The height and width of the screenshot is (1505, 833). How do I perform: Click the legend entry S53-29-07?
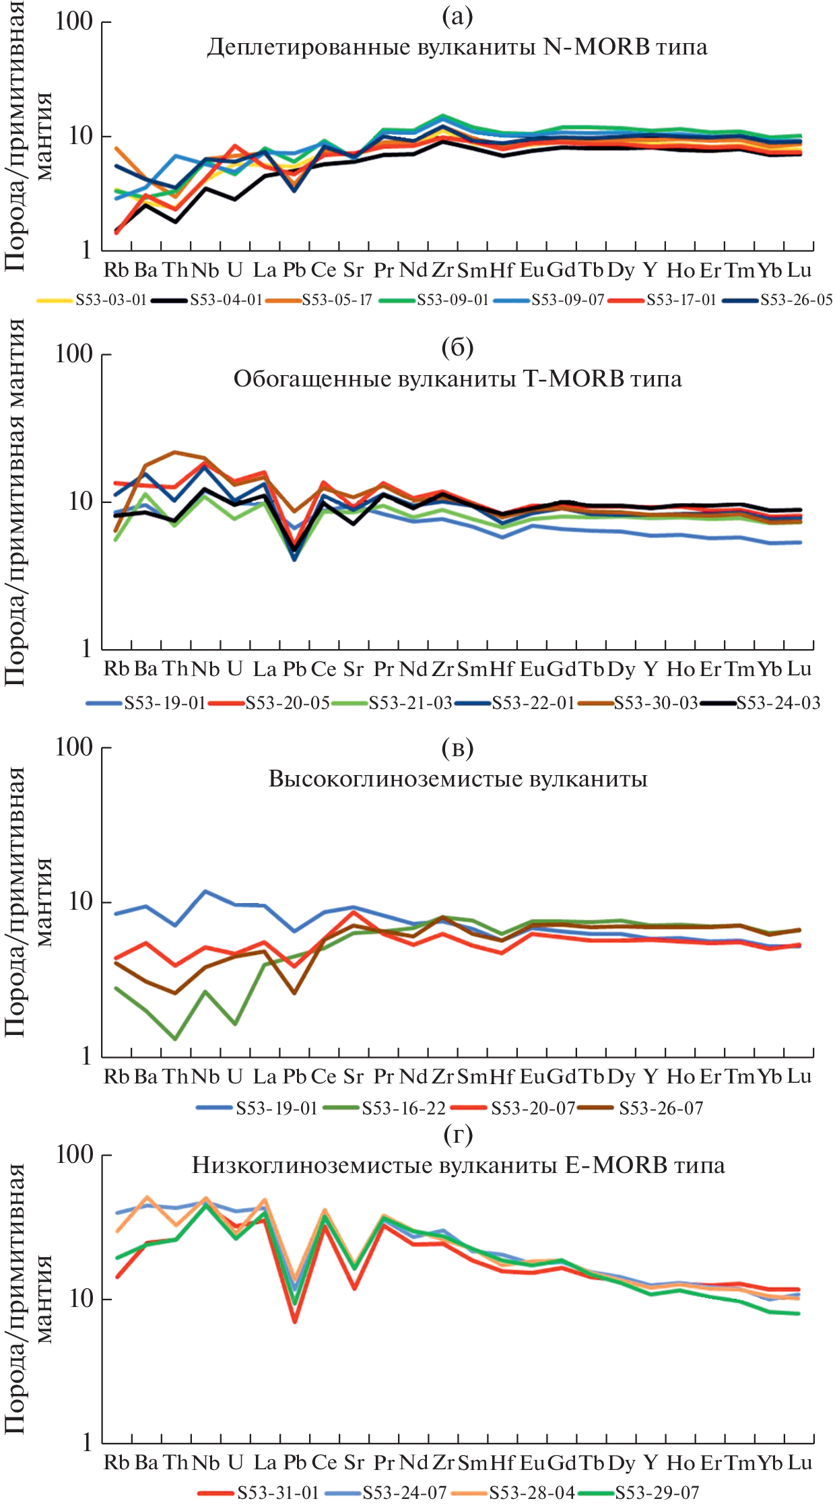(657, 1493)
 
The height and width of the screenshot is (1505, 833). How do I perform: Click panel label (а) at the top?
(457, 16)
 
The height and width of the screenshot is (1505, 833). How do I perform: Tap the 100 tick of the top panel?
(74, 22)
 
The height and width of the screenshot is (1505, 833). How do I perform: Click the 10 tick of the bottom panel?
(81, 1299)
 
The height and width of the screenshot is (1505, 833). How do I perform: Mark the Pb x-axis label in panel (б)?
(294, 669)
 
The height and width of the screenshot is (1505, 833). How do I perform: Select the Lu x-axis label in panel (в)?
(799, 1077)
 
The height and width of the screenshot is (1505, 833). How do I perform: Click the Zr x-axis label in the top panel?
(442, 271)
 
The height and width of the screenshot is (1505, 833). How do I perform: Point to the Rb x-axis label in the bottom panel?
(116, 1463)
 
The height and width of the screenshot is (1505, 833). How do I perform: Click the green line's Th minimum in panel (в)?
(175, 1039)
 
